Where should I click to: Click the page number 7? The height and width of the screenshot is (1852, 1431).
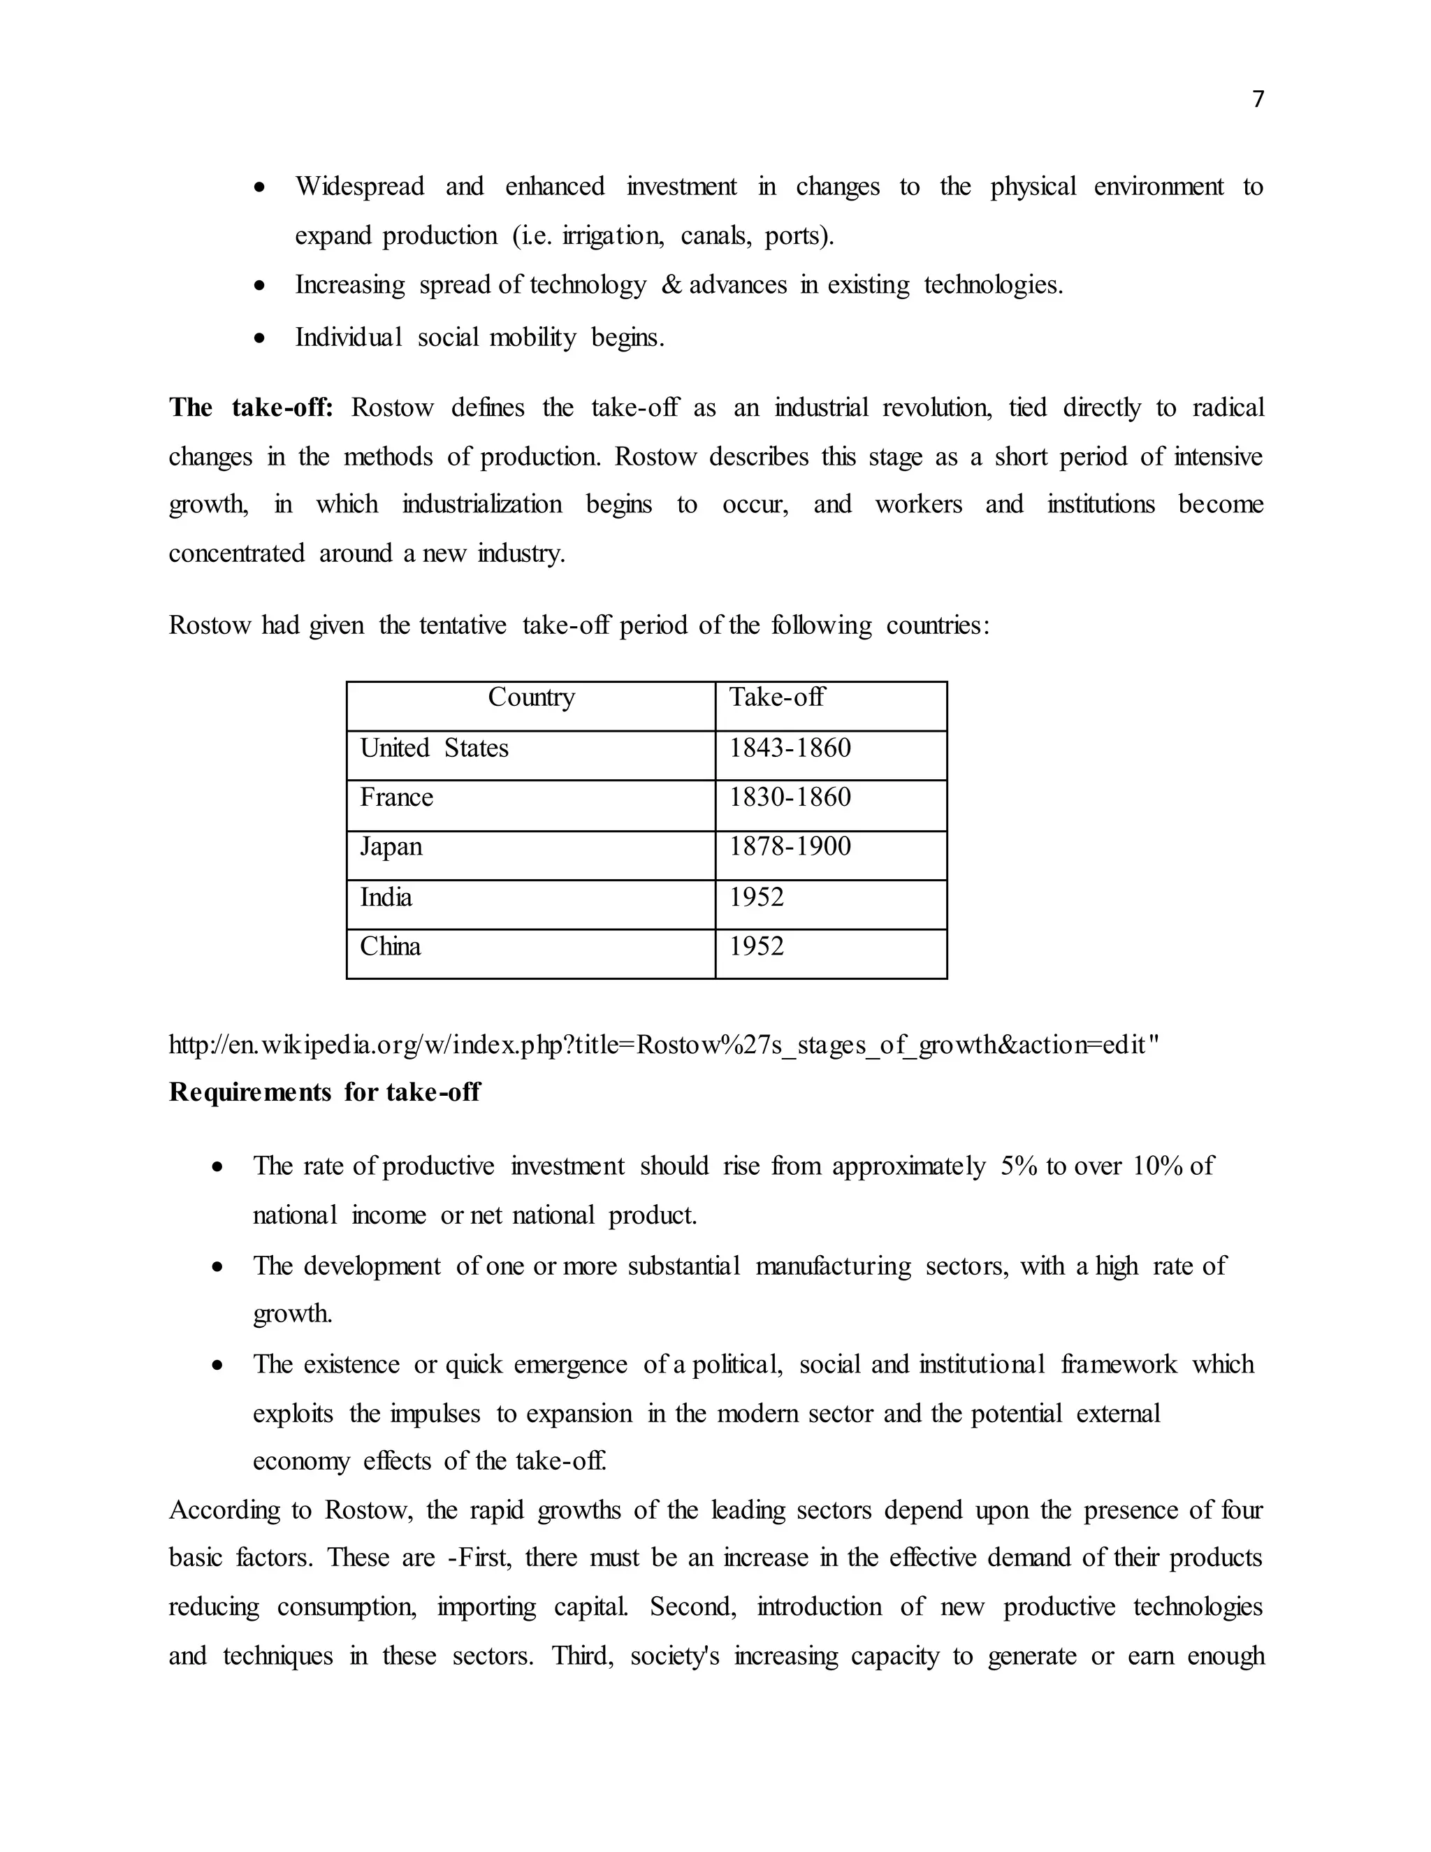(x=1258, y=100)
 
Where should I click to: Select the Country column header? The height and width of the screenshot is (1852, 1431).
(x=531, y=697)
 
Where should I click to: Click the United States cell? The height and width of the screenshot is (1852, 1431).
(x=434, y=748)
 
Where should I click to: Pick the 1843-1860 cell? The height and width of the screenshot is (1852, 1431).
(x=790, y=748)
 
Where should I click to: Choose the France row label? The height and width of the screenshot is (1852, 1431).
(x=396, y=797)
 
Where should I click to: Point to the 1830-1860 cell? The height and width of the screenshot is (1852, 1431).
(x=790, y=797)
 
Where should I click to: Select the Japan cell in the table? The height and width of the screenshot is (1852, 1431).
(x=391, y=846)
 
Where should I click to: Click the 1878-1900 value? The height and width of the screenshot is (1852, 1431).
(x=790, y=846)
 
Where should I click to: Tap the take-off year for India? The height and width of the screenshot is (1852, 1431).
(x=756, y=897)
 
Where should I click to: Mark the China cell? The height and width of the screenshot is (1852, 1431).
(x=390, y=946)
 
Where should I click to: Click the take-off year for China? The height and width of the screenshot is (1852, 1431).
(x=756, y=946)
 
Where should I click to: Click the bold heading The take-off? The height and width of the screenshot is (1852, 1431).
(x=251, y=408)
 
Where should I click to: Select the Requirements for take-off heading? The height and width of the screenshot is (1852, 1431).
(x=325, y=1092)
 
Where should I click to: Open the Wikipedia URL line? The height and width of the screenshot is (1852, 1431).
(x=664, y=1045)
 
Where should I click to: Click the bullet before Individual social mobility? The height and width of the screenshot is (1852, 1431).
(x=260, y=339)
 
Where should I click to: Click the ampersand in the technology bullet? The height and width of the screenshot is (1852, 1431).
(x=671, y=285)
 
